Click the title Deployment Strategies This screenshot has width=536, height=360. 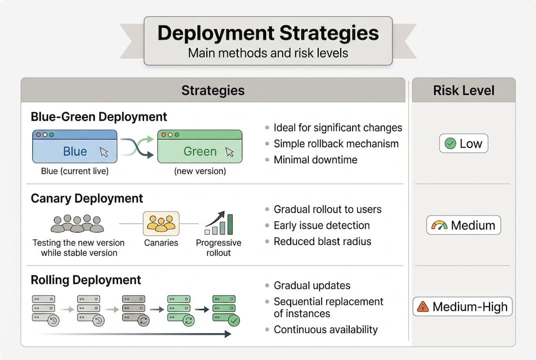point(268,33)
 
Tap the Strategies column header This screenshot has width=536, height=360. point(213,90)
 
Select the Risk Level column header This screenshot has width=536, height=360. point(464,90)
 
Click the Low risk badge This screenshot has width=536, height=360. point(464,144)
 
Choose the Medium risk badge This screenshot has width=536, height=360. point(464,225)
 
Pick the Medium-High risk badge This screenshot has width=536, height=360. point(463,306)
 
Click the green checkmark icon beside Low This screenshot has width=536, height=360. point(450,144)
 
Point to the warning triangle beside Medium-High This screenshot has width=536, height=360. point(423,306)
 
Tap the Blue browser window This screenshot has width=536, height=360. point(75,146)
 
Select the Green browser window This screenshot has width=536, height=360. point(200,146)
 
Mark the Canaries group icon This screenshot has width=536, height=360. point(161,223)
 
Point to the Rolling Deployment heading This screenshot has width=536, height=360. point(86,279)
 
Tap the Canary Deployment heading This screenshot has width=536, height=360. point(87,198)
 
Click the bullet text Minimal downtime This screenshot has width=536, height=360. point(315,160)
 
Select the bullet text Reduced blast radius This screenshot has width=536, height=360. point(322,241)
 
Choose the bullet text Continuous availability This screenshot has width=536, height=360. point(326,329)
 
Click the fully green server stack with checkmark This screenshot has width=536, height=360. point(225,310)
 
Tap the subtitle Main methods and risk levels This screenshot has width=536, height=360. point(268,52)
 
